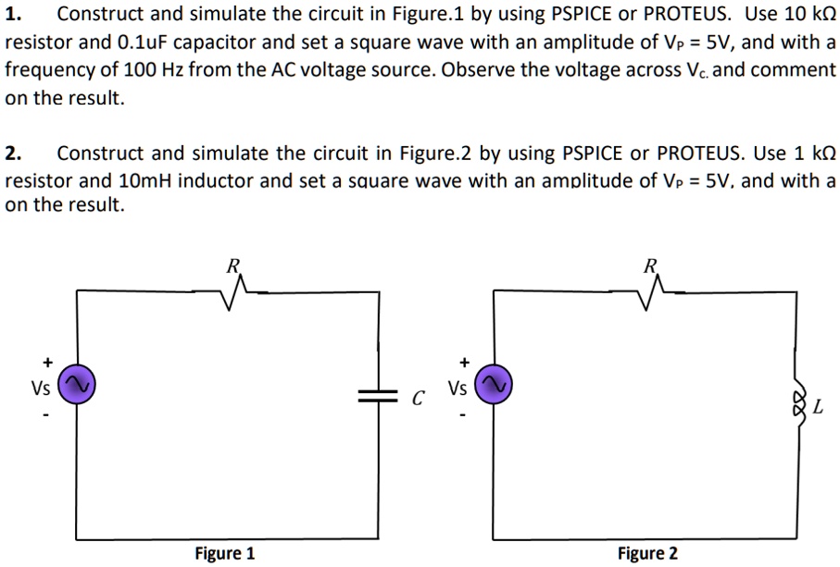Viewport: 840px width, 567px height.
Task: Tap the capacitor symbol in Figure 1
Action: click(377, 396)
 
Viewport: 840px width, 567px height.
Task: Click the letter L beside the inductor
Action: click(819, 407)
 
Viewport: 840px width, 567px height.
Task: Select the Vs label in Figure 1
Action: click(41, 388)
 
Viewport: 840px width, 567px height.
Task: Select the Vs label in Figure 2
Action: click(458, 388)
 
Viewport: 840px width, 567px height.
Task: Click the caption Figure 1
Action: click(224, 553)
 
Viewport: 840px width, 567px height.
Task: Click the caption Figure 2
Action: click(647, 553)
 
